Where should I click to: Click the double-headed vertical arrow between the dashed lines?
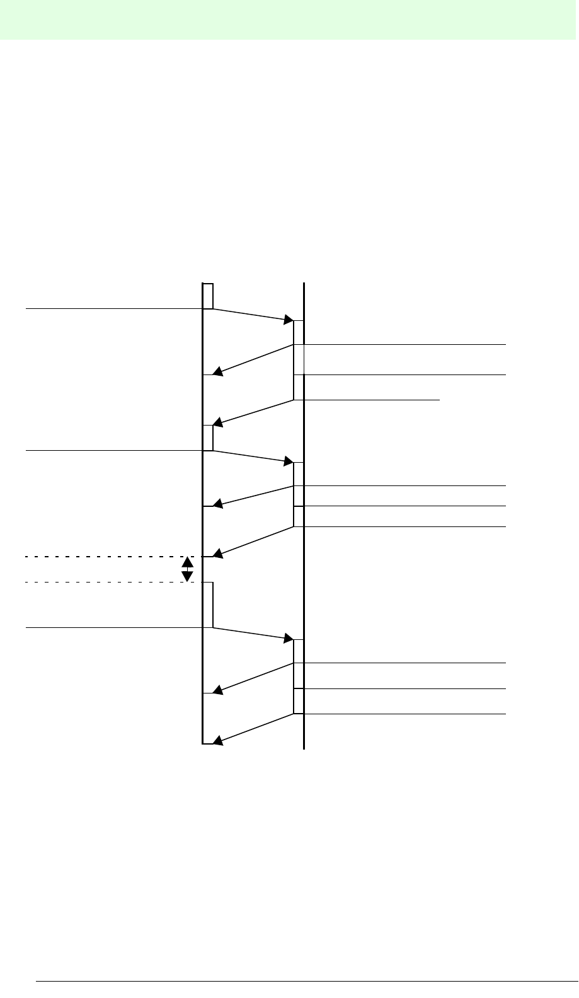point(187,569)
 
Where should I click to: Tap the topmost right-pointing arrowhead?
point(289,320)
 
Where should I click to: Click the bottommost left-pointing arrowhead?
point(217,742)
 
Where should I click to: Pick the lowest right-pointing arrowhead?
point(289,639)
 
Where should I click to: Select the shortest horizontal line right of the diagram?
point(371,399)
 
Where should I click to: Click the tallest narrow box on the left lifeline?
point(208,605)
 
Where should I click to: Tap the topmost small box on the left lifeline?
point(208,296)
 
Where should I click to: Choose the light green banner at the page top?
point(289,20)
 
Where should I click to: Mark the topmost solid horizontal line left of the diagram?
point(113,309)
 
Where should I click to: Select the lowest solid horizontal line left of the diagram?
point(113,628)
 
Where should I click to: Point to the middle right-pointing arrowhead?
point(289,461)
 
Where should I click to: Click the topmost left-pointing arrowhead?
point(217,372)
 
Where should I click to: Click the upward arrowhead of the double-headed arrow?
point(187,561)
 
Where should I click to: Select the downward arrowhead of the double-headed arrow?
point(187,577)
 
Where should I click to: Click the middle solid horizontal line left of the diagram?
point(113,451)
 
